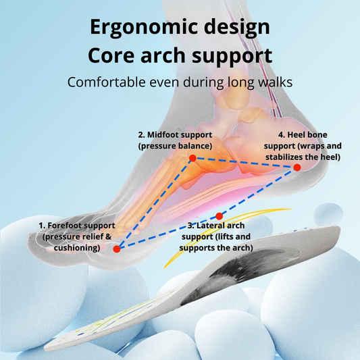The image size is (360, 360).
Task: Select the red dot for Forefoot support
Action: (117, 249)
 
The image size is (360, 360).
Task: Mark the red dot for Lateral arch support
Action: (218, 217)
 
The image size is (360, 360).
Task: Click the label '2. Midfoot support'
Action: (174, 135)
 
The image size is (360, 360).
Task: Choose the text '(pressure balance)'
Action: (174, 146)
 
